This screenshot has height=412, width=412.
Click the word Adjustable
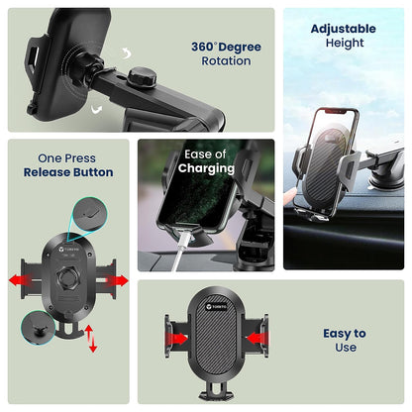pos(343,28)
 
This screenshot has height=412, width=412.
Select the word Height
pos(343,43)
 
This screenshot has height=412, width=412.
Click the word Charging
pos(205,168)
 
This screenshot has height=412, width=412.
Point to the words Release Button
pos(68,172)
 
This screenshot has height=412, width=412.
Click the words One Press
pos(68,157)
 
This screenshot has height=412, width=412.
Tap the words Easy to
pos(344,334)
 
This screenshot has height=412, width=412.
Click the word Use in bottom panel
pos(344,349)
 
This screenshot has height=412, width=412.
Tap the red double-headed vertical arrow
pos(91,338)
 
